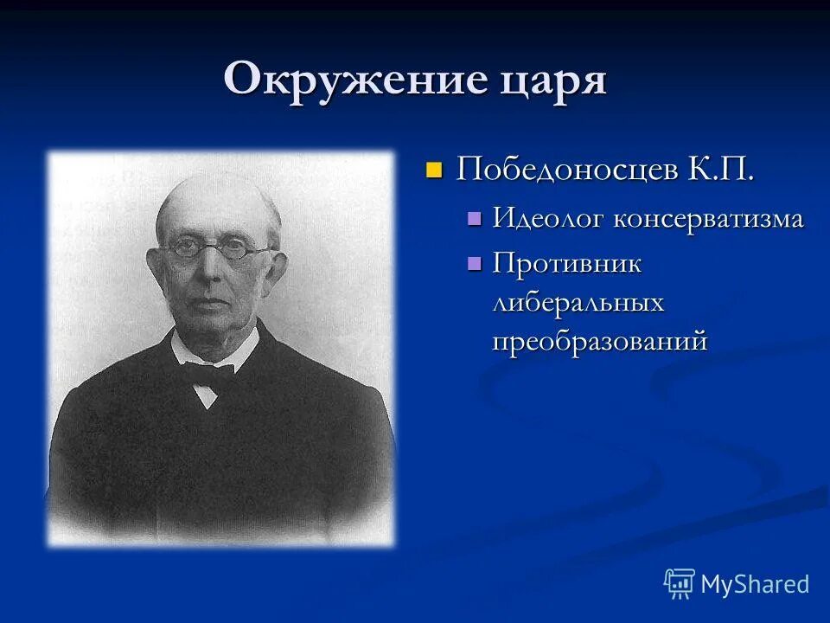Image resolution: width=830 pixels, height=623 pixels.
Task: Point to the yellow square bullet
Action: pos(434,168)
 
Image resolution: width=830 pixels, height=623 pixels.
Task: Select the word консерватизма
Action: pos(708,219)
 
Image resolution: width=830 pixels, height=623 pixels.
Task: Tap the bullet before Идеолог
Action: pos(473,218)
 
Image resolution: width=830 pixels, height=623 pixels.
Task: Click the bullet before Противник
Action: pos(473,262)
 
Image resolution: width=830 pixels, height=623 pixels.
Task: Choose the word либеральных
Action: pos(578,302)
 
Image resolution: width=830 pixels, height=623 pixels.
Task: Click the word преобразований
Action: pos(600,341)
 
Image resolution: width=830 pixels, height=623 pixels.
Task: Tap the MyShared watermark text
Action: pos(755,584)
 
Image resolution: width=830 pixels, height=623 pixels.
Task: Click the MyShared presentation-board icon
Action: pos(680,584)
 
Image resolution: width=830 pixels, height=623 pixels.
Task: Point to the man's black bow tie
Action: pos(207,374)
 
